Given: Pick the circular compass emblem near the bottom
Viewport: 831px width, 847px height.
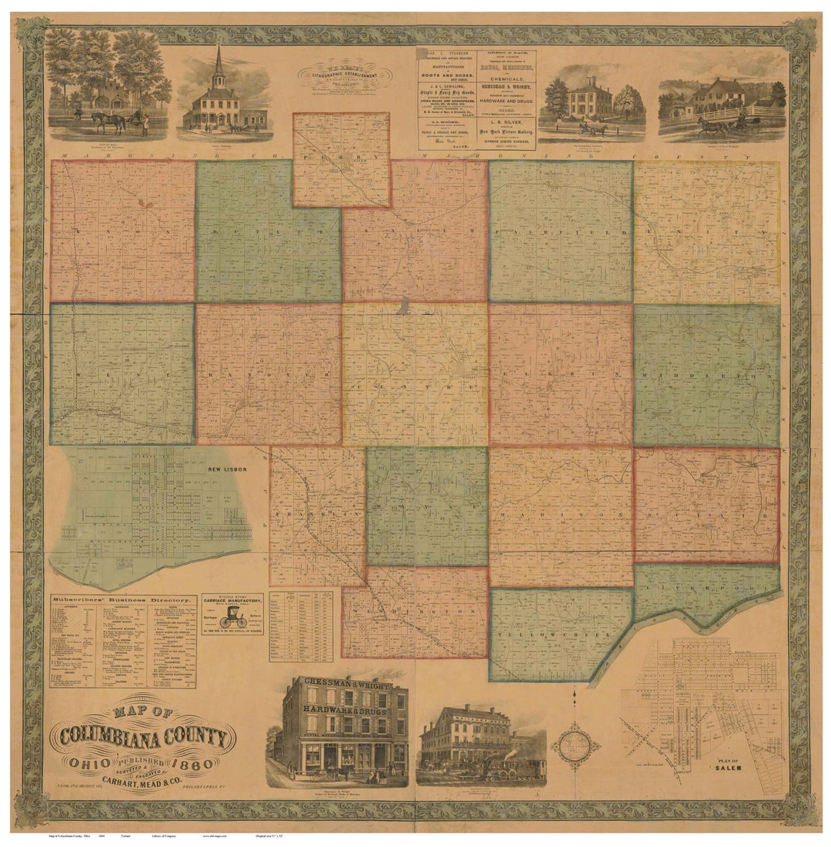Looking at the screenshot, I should (x=576, y=744).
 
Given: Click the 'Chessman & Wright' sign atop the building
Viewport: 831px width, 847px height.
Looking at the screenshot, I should (x=344, y=682).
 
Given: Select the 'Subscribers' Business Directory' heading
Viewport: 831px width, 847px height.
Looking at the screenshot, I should (x=121, y=599).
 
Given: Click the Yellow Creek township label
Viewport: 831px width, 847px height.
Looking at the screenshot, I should (x=549, y=635).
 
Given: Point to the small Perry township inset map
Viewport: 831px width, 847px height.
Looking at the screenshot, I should (x=341, y=159).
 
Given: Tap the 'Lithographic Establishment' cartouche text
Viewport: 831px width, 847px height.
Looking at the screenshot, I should (x=345, y=75).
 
